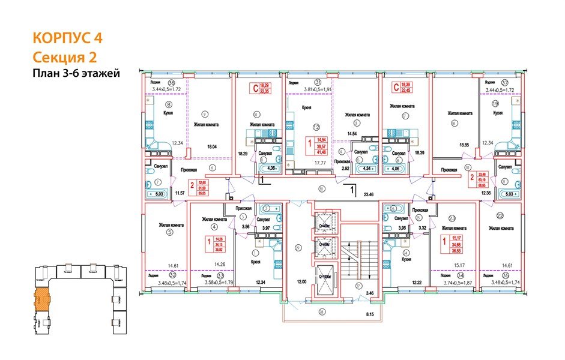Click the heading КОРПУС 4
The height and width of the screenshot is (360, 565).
(x=67, y=38)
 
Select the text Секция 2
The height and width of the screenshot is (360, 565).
(x=64, y=57)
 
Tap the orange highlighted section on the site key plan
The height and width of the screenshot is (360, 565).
(x=42, y=298)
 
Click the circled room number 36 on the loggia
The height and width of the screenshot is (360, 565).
(x=172, y=83)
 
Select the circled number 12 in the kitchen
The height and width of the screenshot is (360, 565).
(x=316, y=127)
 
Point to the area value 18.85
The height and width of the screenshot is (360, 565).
(x=464, y=145)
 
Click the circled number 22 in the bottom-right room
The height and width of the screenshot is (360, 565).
(x=500, y=215)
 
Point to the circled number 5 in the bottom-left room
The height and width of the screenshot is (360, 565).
(x=170, y=235)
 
